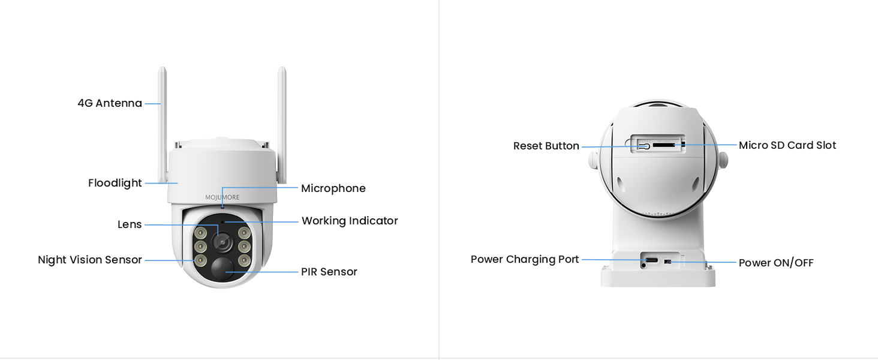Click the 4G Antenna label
pos(110,103)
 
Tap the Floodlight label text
pos(115,183)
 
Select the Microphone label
pos(333,188)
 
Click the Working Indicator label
pos(350,221)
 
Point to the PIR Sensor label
pos(329,272)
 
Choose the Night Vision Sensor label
pos(90,260)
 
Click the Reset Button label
pos(546,146)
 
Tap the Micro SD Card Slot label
pos(787,145)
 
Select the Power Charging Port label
pos(525,259)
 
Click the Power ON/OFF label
pos(776,263)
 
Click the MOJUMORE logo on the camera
pos(222,197)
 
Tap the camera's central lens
pos(222,241)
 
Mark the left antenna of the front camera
pos(162,120)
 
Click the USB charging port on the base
pos(651,261)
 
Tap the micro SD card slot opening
pos(663,145)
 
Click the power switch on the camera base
pos(668,262)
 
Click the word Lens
pos(130,224)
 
